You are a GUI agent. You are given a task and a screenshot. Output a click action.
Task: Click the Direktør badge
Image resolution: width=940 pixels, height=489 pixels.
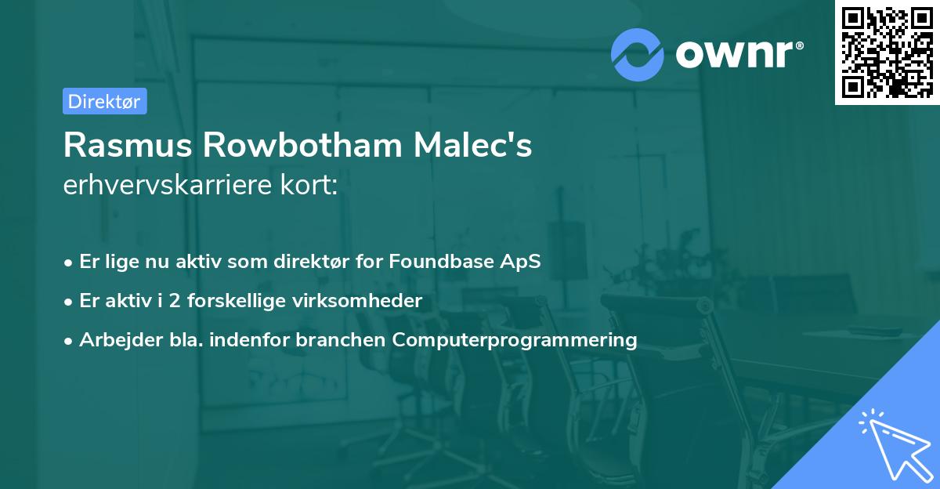coord(104,101)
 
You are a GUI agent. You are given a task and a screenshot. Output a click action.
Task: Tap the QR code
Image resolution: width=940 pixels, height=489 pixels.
coord(886,53)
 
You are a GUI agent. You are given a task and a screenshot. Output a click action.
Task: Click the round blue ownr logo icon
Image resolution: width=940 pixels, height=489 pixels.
coord(638,54)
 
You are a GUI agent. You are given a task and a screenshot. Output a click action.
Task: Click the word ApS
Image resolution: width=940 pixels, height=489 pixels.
coord(521,262)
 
